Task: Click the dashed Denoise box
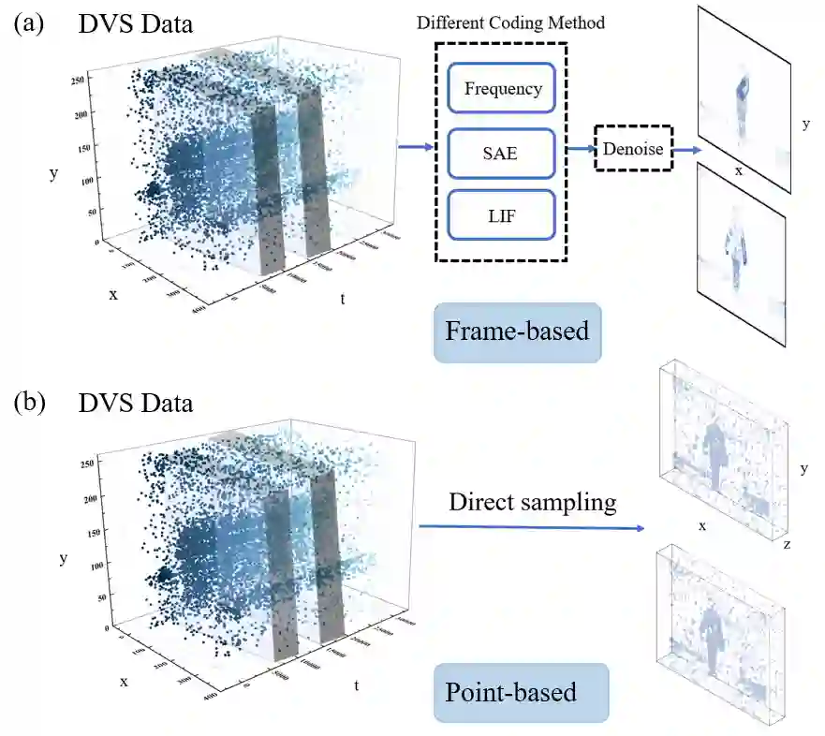pyautogui.click(x=634, y=148)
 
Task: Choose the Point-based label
pyautogui.click(x=510, y=693)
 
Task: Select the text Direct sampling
pyautogui.click(x=532, y=502)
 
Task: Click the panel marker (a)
pyautogui.click(x=28, y=23)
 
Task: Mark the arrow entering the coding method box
pyautogui.click(x=416, y=146)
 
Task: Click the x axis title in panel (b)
pyautogui.click(x=124, y=682)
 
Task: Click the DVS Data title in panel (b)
pyautogui.click(x=136, y=404)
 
